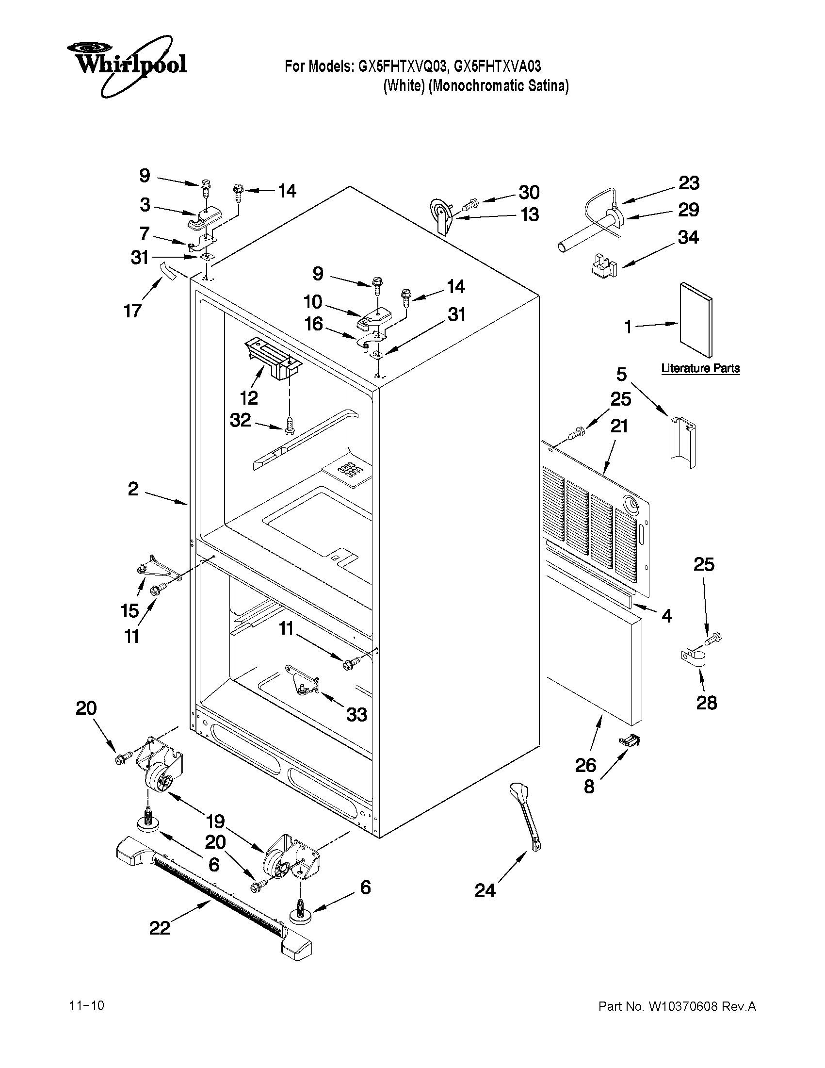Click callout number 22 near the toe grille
[x=160, y=928]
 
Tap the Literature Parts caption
[x=700, y=368]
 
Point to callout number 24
[x=485, y=891]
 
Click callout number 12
[x=249, y=397]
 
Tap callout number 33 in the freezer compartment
[x=357, y=714]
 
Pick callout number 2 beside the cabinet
[x=133, y=489]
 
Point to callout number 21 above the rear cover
[x=619, y=426]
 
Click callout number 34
[x=688, y=237]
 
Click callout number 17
[x=132, y=310]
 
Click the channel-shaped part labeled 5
[x=682, y=440]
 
